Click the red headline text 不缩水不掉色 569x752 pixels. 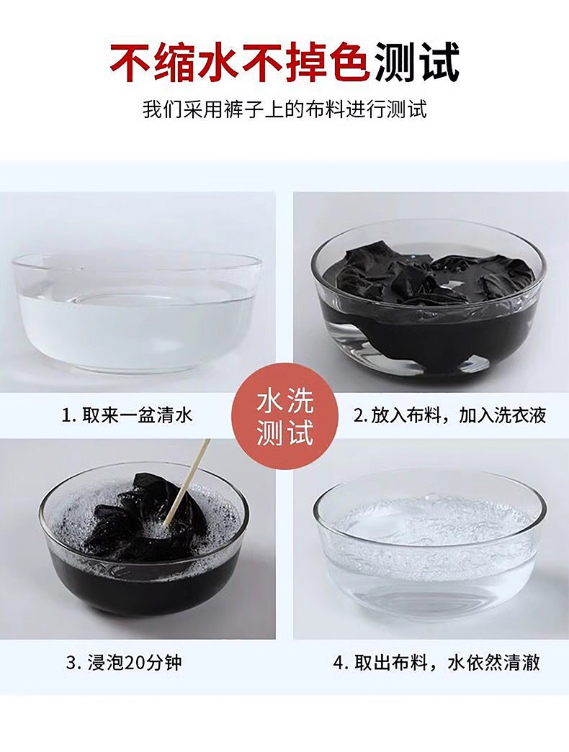pos(241,63)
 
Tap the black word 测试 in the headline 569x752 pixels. pos(417,63)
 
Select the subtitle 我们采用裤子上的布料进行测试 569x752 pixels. pos(284,109)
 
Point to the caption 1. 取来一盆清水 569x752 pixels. pos(127,414)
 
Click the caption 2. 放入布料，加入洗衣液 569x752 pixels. pos(450,415)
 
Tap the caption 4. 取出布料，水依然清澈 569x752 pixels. pos(436,663)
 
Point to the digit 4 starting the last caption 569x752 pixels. pos(338,663)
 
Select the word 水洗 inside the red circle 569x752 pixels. pos(284,400)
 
